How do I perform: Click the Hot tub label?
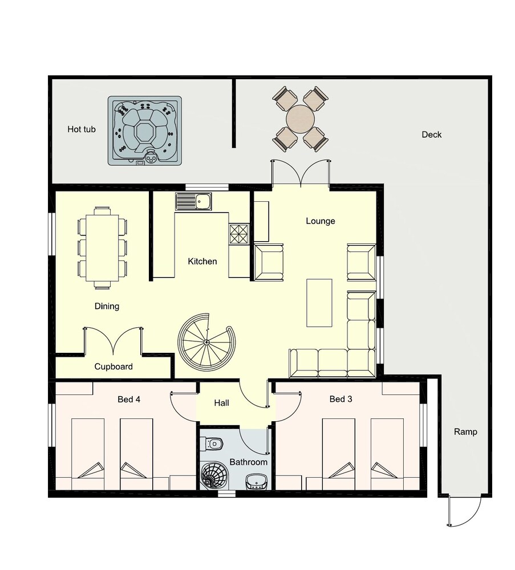[82, 129]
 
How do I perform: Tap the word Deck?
[432, 135]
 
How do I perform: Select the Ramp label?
[465, 432]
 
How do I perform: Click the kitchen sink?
[193, 201]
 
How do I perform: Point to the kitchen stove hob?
[238, 233]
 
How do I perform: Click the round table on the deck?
[301, 119]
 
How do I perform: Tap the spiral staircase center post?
[206, 342]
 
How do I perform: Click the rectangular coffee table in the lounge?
[319, 303]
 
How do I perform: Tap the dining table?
[103, 248]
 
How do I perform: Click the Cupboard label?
[113, 367]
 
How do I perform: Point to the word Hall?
[221, 403]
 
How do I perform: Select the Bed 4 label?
[129, 399]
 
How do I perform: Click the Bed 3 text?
[341, 399]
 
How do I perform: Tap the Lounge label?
[321, 221]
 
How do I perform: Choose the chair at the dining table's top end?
[103, 211]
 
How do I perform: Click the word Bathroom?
[249, 462]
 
